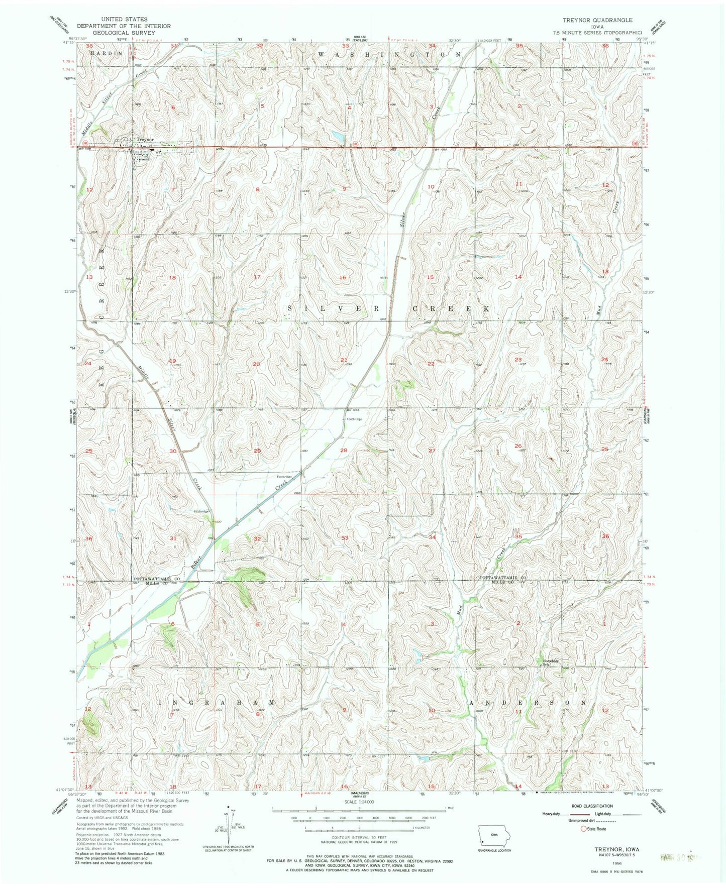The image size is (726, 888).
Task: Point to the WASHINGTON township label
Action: coord(389,53)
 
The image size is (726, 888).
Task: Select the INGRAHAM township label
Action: coord(217,702)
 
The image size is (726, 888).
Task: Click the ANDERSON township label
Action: coord(527,702)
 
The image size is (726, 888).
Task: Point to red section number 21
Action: coord(344,360)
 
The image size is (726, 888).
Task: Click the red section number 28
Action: coord(344,451)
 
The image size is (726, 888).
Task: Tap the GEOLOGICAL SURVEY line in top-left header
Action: coord(124,33)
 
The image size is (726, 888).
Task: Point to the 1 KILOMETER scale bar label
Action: coord(424,827)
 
